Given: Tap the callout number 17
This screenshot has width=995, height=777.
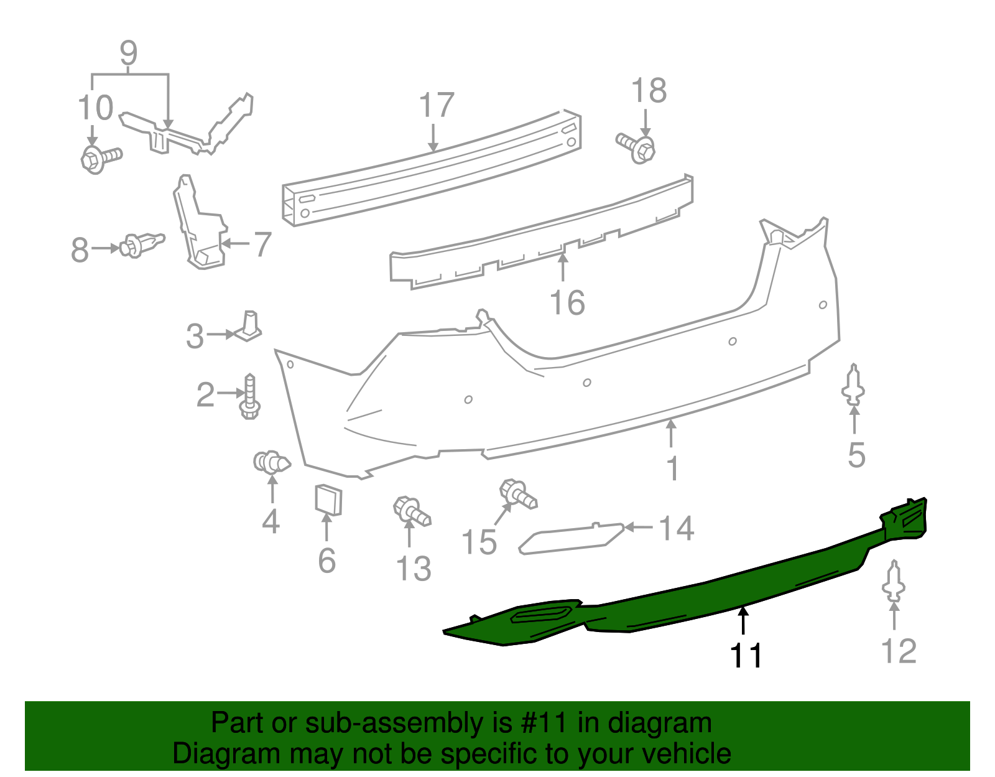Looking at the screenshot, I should coord(437,106).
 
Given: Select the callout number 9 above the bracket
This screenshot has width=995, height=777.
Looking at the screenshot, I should coord(128,54).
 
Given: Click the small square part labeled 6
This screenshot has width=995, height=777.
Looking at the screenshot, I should coord(328,500).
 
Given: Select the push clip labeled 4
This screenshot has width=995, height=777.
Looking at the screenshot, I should coord(272,462).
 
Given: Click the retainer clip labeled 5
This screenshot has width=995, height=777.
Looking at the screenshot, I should coord(854,383).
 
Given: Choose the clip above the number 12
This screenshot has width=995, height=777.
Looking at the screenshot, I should coord(894,581).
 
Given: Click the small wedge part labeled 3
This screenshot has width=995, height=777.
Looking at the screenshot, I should coord(249,327).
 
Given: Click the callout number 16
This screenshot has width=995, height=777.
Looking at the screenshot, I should coord(567,303).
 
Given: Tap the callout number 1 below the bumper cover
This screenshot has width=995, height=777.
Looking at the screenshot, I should coord(672,468).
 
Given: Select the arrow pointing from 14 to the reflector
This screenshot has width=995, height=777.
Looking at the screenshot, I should coord(639,528).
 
